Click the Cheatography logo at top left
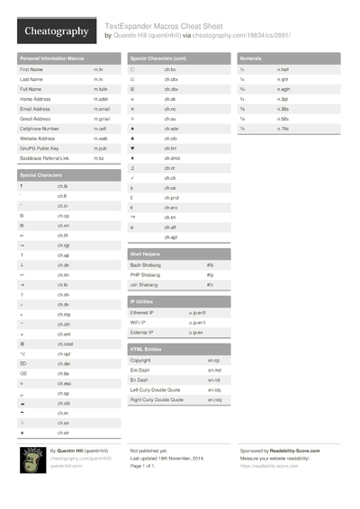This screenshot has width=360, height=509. pos(55,31)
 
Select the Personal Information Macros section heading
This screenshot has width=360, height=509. pos(51,58)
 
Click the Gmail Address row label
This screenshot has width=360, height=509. pos(35,119)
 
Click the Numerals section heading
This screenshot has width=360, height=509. pos(251,58)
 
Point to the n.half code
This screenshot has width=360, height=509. pos(283,69)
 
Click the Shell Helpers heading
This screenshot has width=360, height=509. pos(146,254)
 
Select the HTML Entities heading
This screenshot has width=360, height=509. pos(146,348)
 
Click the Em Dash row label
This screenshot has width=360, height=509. pos(139,370)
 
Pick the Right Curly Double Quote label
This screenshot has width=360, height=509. pos(157,399)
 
